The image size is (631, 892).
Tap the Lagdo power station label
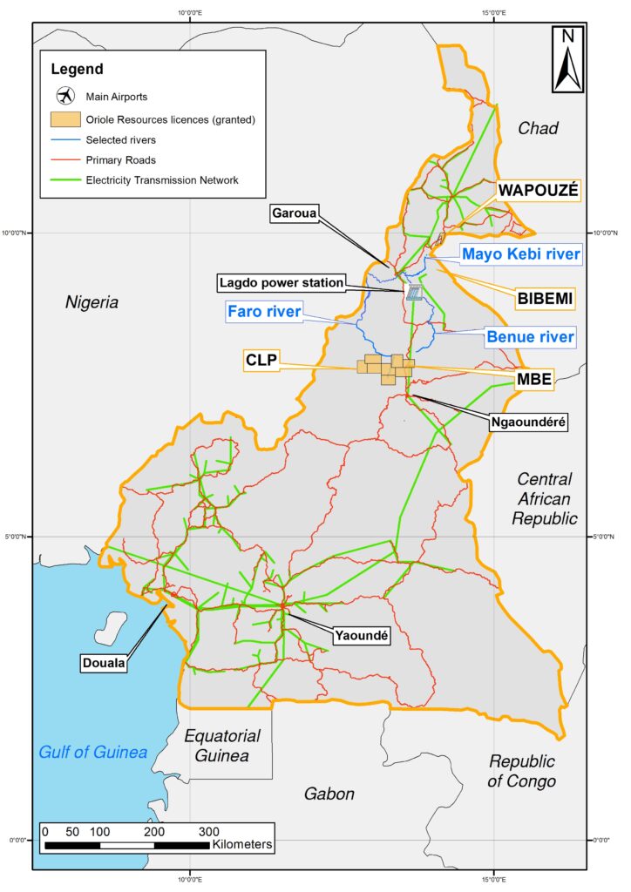pos(282,282)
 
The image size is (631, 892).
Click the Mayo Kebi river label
pos(520,254)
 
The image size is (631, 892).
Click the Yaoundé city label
pos(360,637)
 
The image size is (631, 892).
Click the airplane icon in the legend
pos(65,96)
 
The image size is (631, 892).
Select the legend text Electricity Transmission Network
pos(162,180)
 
